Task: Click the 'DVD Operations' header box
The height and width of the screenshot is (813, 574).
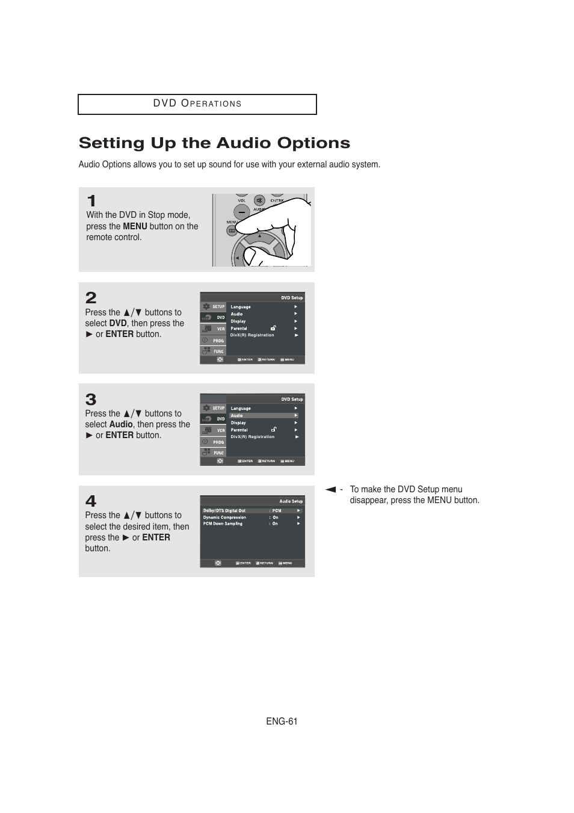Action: click(x=197, y=104)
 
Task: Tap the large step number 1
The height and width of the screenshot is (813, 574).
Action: click(x=91, y=200)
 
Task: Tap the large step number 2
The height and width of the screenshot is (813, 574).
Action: click(x=91, y=298)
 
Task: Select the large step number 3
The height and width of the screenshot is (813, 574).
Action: click(x=91, y=400)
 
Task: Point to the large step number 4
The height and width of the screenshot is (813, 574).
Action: click(x=91, y=501)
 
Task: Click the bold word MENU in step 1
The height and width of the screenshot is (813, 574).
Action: click(x=135, y=226)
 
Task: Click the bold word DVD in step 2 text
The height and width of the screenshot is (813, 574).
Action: click(x=117, y=323)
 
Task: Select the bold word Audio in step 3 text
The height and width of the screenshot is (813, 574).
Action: click(x=120, y=424)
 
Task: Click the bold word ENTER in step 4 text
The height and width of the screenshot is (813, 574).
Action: click(x=156, y=537)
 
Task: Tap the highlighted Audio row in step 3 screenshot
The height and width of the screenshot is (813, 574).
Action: click(x=264, y=416)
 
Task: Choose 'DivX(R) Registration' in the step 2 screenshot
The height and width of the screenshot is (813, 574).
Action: click(x=252, y=335)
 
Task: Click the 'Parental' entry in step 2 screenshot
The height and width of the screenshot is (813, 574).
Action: click(x=239, y=329)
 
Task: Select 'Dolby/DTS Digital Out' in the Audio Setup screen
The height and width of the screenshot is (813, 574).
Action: click(x=224, y=510)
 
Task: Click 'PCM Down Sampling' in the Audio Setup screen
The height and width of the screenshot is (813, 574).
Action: click(x=223, y=524)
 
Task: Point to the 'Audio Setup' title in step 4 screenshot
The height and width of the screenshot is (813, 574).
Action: click(x=291, y=501)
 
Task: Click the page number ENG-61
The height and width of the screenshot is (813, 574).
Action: click(x=282, y=722)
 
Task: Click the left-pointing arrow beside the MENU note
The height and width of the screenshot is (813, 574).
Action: click(x=330, y=489)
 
